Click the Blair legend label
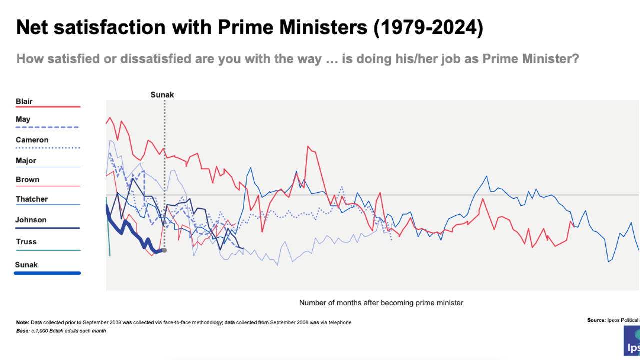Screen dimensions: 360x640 pyautogui.click(x=24, y=101)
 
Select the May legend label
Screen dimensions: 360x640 pyautogui.click(x=23, y=119)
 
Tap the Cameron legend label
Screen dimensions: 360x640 pyautogui.click(x=32, y=140)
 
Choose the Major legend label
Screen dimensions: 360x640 pyautogui.click(x=26, y=161)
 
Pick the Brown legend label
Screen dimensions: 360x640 pyautogui.click(x=27, y=180)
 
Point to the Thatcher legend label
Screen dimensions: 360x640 pyautogui.click(x=32, y=199)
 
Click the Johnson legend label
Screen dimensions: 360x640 pyautogui.click(x=31, y=220)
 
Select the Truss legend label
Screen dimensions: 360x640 pyautogui.click(x=26, y=242)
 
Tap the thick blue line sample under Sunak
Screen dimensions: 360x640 pyautogui.click(x=48, y=273)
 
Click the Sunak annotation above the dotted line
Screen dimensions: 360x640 pyautogui.click(x=162, y=94)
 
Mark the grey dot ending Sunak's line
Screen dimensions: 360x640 pyautogui.click(x=164, y=250)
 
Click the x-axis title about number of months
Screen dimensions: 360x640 pyautogui.click(x=381, y=303)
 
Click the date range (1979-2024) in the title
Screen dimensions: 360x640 pyautogui.click(x=428, y=28)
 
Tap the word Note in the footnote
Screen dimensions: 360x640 pyautogui.click(x=23, y=322)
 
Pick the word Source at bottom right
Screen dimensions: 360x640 pyautogui.click(x=596, y=320)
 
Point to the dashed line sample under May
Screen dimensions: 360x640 pyautogui.click(x=48, y=128)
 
